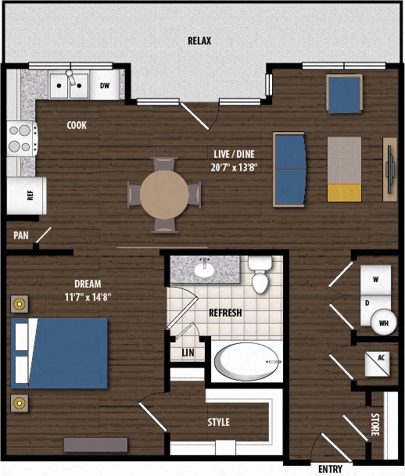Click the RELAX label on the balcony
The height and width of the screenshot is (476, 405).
[199, 41]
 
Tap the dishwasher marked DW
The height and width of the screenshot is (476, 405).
[105, 85]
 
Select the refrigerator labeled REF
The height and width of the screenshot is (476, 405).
[27, 195]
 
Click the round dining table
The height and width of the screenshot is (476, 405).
[164, 195]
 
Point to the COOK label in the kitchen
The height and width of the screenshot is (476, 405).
[77, 125]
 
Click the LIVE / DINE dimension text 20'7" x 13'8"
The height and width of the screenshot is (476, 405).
[234, 167]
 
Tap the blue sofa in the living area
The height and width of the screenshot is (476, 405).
[289, 170]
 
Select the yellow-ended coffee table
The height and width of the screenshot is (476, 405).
[344, 169]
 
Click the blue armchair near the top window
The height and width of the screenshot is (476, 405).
[344, 94]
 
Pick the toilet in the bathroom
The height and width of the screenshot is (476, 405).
[260, 274]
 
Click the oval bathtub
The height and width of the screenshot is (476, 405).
[248, 361]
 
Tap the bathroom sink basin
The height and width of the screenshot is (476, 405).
[204, 270]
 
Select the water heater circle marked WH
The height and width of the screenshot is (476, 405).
[384, 322]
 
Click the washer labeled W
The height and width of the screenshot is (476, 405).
[376, 280]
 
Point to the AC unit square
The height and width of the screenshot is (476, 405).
[377, 363]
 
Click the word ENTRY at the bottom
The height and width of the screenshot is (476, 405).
[330, 469]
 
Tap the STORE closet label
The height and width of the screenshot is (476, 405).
[375, 424]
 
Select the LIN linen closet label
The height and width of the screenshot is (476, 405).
[188, 353]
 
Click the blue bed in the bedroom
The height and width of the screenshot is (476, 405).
[59, 353]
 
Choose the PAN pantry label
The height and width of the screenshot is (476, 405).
[21, 235]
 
